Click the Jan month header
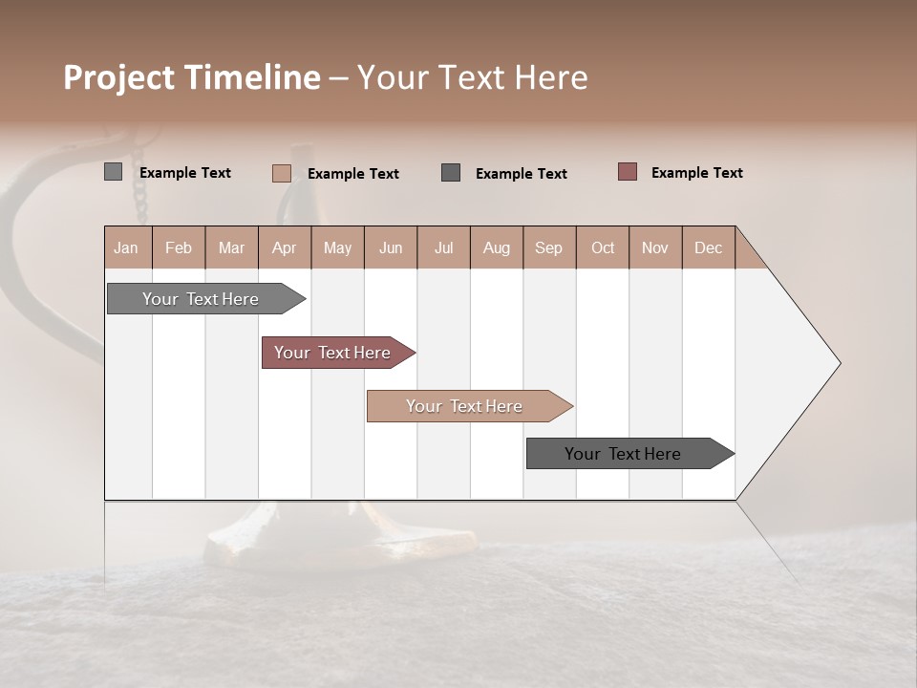click(x=127, y=247)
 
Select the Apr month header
click(x=285, y=247)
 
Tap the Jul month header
click(x=443, y=247)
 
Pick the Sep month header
click(x=549, y=247)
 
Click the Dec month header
click(x=708, y=247)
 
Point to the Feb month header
click(x=179, y=247)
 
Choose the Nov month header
click(x=655, y=247)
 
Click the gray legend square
click(x=113, y=172)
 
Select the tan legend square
click(x=281, y=173)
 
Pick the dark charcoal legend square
click(x=451, y=173)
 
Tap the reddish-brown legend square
click(x=627, y=172)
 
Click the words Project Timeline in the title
click(x=191, y=77)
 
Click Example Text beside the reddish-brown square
click(x=696, y=173)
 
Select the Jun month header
click(x=391, y=247)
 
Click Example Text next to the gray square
click(x=184, y=173)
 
